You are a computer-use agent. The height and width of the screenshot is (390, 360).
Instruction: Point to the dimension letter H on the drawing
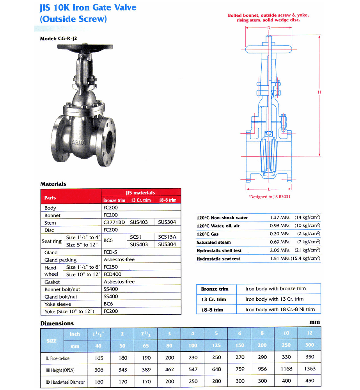pos(319,92)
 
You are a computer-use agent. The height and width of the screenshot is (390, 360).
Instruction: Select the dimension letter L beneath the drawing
pos(269,189)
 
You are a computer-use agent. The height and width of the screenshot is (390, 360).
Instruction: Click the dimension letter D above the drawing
pos(269,28)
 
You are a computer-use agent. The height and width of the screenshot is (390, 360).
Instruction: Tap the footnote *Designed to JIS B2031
pos(269,197)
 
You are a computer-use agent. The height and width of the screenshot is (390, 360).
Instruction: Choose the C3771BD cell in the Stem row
pos(114,223)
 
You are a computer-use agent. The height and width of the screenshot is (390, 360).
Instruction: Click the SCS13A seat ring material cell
pos(167,237)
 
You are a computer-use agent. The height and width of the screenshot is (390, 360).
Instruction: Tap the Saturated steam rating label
pos(214,243)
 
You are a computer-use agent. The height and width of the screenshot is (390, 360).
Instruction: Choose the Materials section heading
pos(53,184)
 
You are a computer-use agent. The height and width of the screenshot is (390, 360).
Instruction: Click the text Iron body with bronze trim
pos(275,289)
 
